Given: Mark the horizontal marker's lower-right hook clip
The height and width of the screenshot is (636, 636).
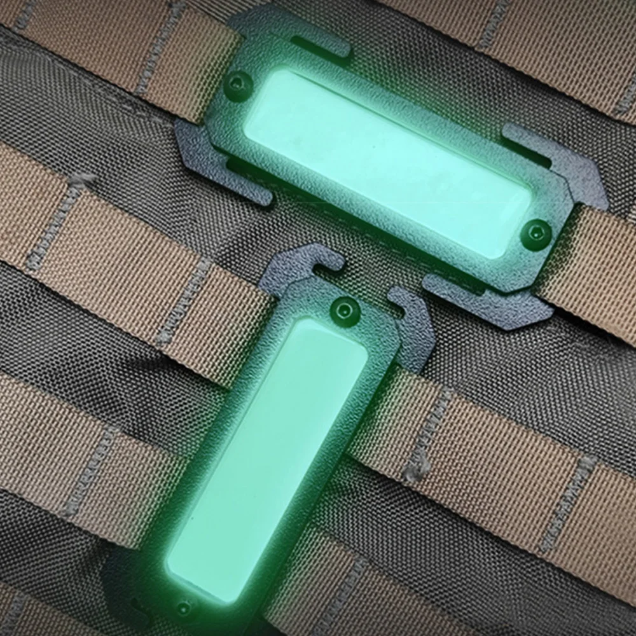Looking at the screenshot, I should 490,305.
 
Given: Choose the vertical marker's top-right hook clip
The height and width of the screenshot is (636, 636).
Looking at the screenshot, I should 413,324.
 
